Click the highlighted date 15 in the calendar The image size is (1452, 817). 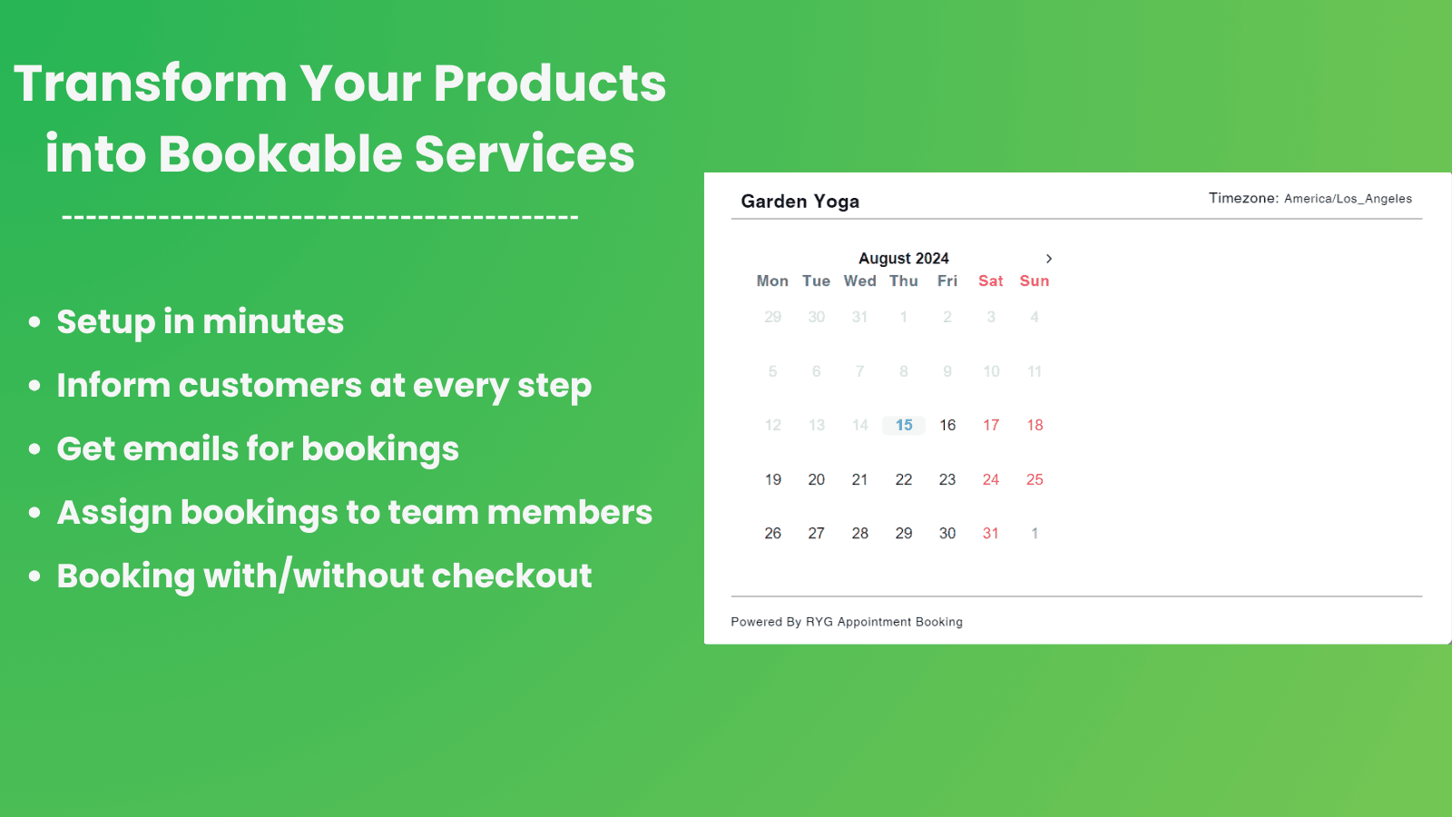coord(904,426)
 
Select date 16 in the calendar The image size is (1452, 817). coord(947,426)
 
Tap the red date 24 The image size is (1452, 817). coord(990,480)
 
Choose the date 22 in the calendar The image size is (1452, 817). coord(904,480)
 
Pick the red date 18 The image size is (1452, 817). coord(1035,426)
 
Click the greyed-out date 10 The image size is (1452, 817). coord(991,371)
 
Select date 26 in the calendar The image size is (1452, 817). coord(772,534)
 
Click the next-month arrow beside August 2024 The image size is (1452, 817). coord(1049,259)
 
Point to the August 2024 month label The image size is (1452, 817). coord(904,259)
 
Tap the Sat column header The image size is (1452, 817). coord(990,281)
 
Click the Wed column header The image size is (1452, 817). coord(859,281)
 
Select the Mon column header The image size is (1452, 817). coord(772,281)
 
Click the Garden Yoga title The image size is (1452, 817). coord(800,202)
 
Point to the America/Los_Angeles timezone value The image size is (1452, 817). coord(1348,199)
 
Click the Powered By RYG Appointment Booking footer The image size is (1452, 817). coord(847,622)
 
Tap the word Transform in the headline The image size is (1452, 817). coord(151,84)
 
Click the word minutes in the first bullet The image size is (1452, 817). coord(273,321)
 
